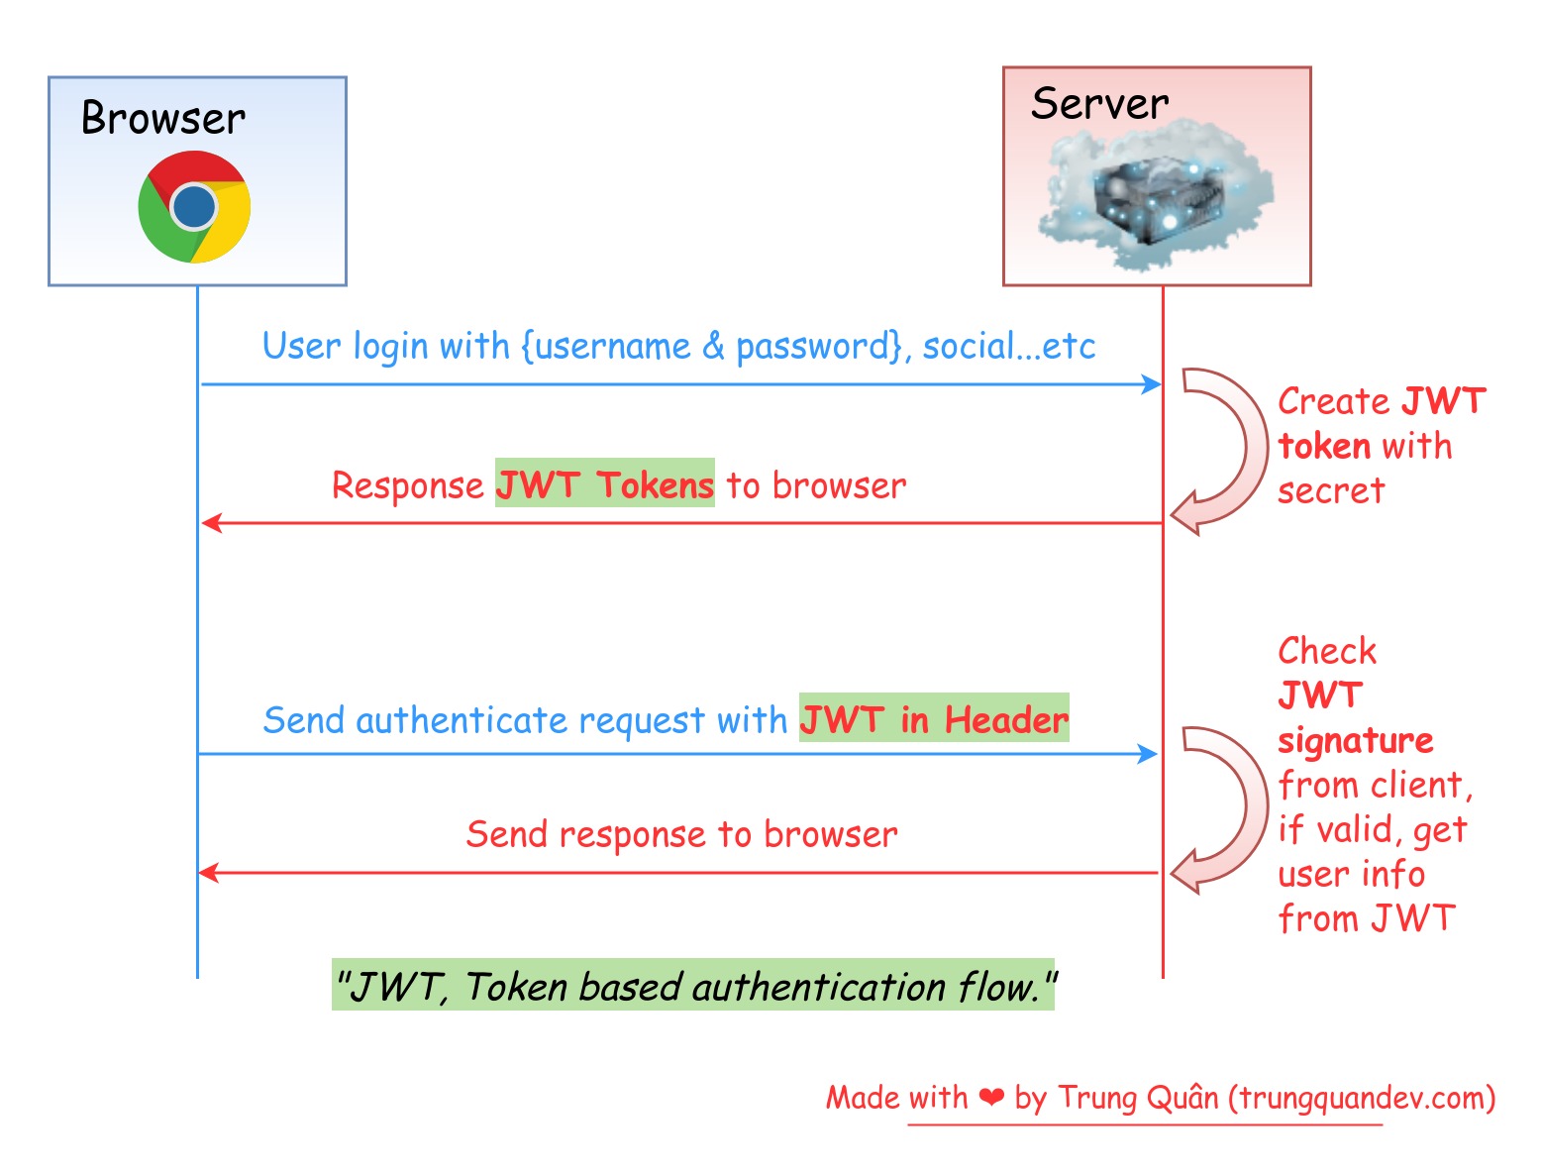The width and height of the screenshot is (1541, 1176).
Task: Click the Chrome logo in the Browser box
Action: pyautogui.click(x=194, y=207)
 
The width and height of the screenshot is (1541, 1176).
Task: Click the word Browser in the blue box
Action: pyautogui.click(x=163, y=118)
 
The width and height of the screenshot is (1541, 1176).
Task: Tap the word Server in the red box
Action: pyautogui.click(x=1099, y=104)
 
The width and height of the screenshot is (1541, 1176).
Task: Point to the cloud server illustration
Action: pyautogui.click(x=1156, y=196)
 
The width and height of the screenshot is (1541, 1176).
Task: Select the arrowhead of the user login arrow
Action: pyautogui.click(x=1152, y=384)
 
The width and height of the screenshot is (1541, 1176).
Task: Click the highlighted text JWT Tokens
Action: pyautogui.click(x=604, y=484)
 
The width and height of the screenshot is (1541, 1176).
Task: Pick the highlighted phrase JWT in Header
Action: pyautogui.click(x=934, y=719)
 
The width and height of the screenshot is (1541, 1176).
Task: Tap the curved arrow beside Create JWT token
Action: pyautogui.click(x=1222, y=451)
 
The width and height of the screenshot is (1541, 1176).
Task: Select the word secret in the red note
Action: pyautogui.click(x=1331, y=490)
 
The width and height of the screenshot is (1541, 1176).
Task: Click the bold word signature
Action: pyautogui.click(x=1355, y=741)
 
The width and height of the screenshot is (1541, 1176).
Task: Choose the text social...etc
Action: pyautogui.click(x=1009, y=347)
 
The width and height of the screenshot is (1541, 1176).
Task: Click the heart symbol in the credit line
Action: pyautogui.click(x=991, y=1097)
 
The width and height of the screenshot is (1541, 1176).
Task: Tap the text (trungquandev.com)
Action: pyautogui.click(x=1362, y=1098)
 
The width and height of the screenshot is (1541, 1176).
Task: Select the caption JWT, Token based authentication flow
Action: pyautogui.click(x=694, y=987)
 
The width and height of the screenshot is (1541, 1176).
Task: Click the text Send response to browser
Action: pyautogui.click(x=681, y=834)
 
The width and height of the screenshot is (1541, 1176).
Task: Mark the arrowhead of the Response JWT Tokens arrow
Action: pyautogui.click(x=210, y=523)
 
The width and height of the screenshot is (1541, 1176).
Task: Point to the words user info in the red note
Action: pyautogui.click(x=1351, y=875)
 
